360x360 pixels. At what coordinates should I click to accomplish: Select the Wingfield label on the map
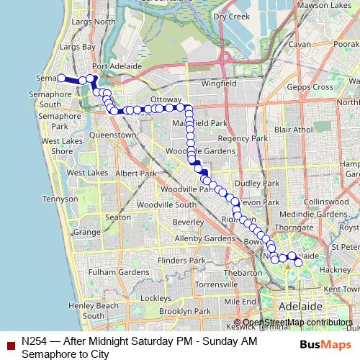[219, 84]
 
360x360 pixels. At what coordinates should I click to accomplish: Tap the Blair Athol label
[293, 130]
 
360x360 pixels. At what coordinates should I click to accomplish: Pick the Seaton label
[118, 217]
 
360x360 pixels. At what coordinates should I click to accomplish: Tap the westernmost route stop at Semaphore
[62, 78]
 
